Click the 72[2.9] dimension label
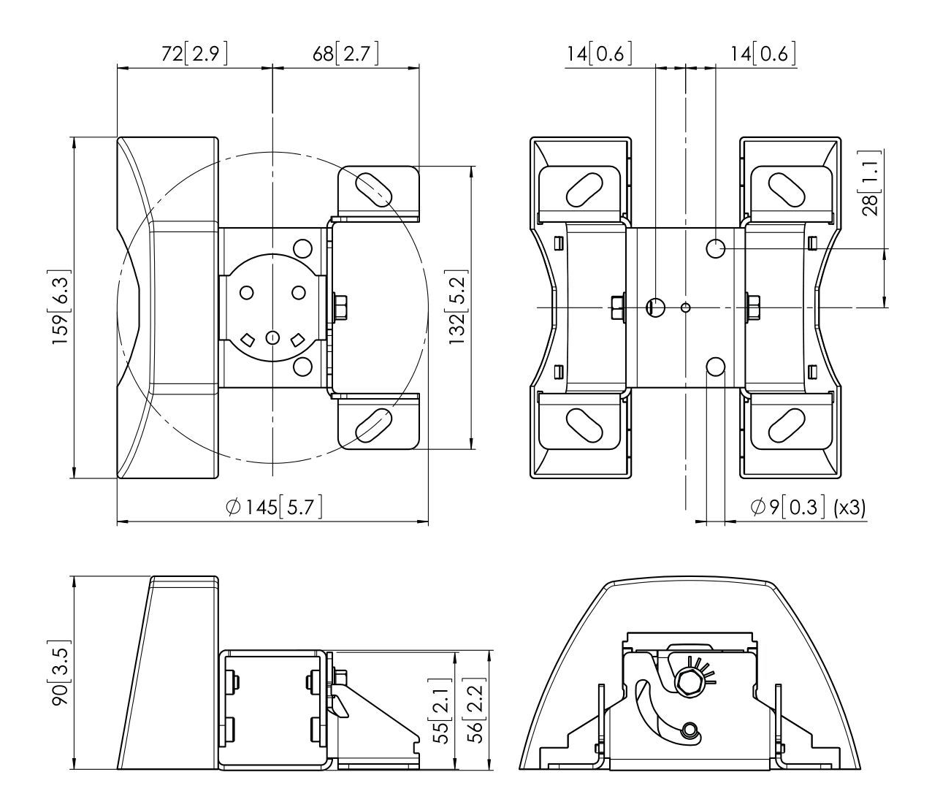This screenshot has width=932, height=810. pos(194,54)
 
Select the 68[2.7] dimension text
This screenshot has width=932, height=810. pos(345,54)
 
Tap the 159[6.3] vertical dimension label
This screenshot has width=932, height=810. pos(60,308)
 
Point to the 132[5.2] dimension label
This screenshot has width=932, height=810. pos(457,308)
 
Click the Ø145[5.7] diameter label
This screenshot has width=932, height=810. pos(274,507)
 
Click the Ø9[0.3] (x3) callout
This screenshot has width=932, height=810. pos(808,507)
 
